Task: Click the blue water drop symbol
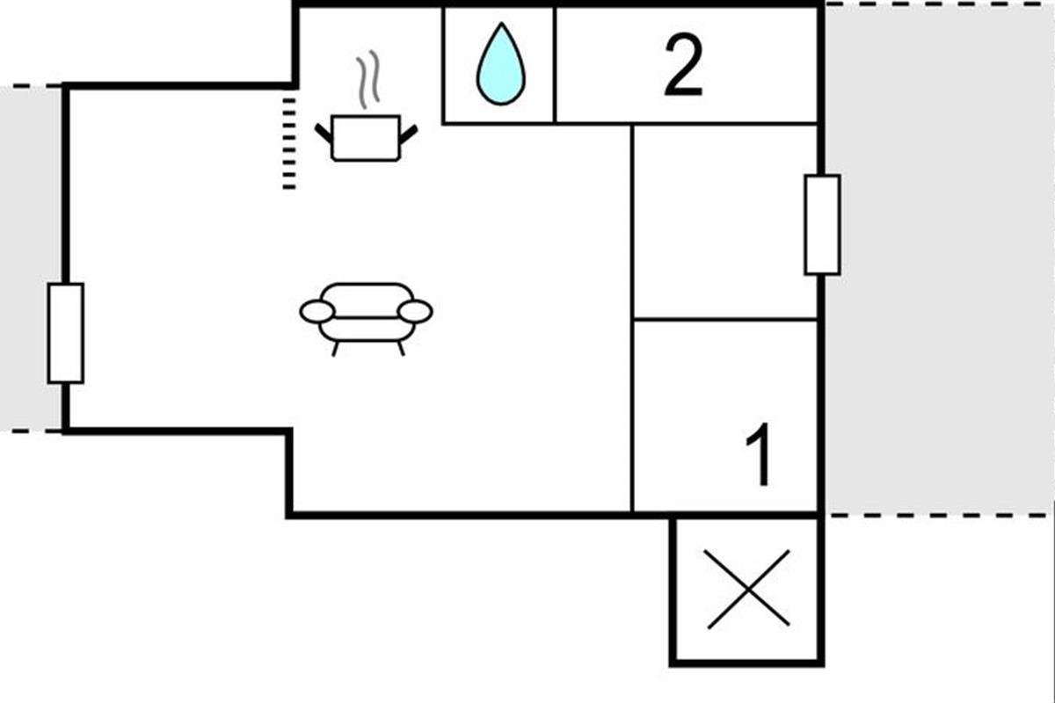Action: click(x=500, y=63)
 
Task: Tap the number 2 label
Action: click(x=684, y=65)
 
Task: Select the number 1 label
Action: click(x=759, y=454)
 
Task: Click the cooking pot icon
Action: click(x=366, y=138)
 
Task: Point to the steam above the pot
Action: click(x=367, y=79)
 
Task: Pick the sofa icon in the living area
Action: click(x=367, y=319)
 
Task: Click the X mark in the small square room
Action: click(x=748, y=589)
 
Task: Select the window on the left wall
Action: click(x=66, y=333)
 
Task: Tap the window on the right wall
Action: click(x=822, y=225)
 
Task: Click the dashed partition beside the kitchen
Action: click(x=289, y=143)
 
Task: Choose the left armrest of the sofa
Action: click(x=317, y=312)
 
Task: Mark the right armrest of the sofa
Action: click(x=415, y=312)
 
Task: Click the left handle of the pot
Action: click(x=324, y=134)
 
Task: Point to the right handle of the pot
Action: click(x=408, y=134)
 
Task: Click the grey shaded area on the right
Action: click(x=940, y=260)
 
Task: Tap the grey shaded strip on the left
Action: click(x=31, y=258)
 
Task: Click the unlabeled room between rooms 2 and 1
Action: click(x=725, y=221)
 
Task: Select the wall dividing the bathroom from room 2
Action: click(x=555, y=65)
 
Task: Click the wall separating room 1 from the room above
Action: click(x=725, y=320)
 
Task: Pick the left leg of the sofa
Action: click(x=335, y=349)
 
